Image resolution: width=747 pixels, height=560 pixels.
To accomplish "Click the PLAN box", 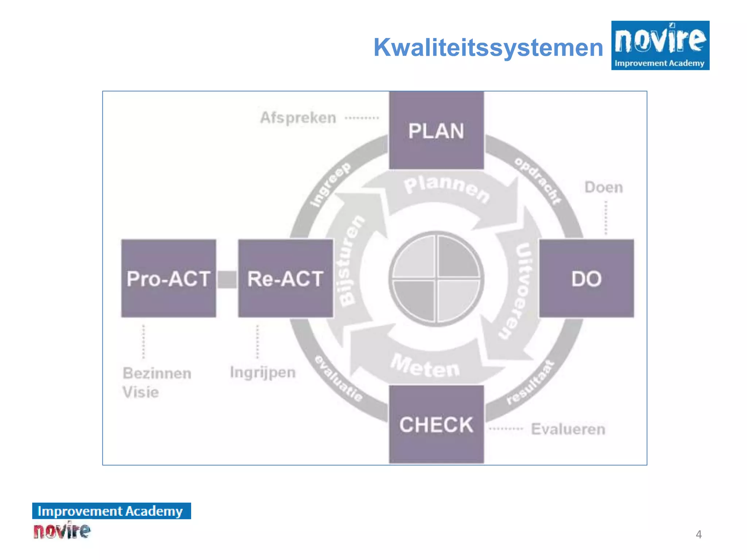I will point(436,131).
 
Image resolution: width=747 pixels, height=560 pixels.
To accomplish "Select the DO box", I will point(586,279).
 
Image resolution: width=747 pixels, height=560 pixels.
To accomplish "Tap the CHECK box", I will point(436,424).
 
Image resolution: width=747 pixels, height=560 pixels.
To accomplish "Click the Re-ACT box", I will point(285,279).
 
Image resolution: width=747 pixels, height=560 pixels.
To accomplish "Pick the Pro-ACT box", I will point(169,279).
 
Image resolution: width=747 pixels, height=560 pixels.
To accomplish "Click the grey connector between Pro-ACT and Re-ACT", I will point(227,279).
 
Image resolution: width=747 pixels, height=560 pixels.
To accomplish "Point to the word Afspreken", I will point(298,118).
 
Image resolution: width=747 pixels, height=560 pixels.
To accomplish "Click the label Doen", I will point(604,187).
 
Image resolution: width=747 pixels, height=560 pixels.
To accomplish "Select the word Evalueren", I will point(568,429).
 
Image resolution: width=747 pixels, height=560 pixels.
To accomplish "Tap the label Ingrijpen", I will point(263,373).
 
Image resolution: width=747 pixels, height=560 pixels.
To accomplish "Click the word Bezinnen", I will point(157,373).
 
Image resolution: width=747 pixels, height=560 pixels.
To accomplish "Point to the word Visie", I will point(141,392).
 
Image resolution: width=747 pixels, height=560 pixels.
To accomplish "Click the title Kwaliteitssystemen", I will point(488,47).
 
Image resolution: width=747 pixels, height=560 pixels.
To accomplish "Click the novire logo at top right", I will point(660,45).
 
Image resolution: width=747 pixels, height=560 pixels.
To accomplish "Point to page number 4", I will point(698,534).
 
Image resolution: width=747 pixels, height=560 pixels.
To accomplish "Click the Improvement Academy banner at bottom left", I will point(111,511).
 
